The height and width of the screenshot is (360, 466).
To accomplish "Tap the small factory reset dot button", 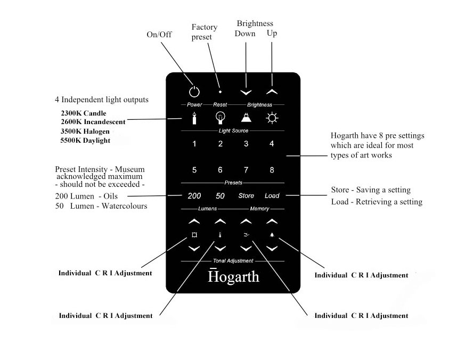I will [220, 92].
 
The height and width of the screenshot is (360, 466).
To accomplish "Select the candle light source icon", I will [194, 118].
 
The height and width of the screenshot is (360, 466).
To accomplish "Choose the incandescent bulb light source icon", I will [220, 118].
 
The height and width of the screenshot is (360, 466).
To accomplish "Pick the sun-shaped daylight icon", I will [272, 118].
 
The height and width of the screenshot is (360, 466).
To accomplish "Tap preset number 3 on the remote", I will [246, 144].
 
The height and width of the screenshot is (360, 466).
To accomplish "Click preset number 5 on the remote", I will [194, 170].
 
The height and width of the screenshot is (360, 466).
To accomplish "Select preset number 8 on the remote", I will [272, 170].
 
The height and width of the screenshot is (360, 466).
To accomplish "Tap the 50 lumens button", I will [220, 196].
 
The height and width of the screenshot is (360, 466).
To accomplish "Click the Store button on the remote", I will [246, 196].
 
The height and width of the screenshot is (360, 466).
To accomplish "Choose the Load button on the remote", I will [272, 196].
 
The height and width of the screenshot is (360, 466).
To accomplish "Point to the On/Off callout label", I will [159, 35].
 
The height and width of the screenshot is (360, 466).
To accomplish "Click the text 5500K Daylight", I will [86, 141].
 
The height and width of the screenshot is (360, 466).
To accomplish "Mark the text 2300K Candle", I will [84, 113].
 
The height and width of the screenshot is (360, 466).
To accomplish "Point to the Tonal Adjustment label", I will [233, 261].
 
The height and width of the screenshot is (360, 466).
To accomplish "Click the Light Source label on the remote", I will [233, 130].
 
